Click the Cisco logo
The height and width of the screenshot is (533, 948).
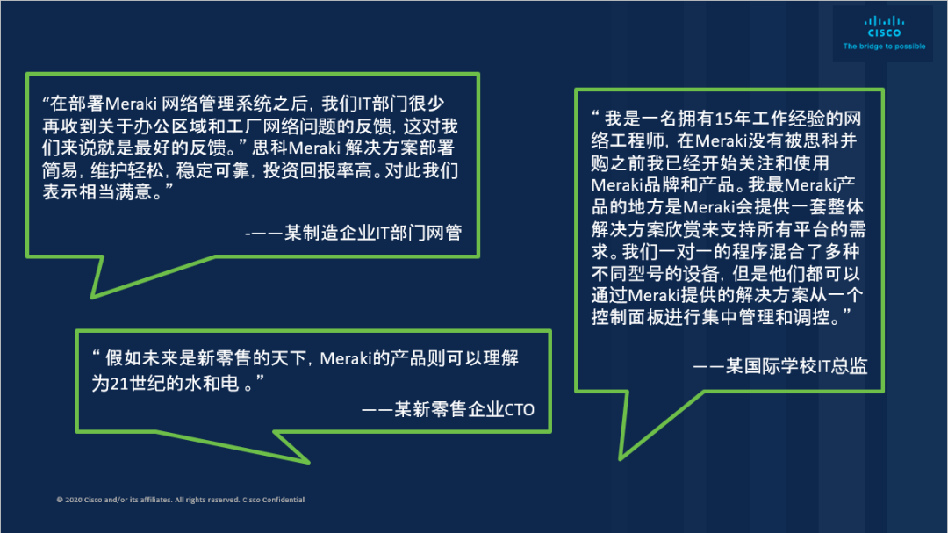pos(884,27)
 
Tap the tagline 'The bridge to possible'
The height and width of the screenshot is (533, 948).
pos(884,46)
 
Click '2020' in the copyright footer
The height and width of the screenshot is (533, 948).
pos(73,500)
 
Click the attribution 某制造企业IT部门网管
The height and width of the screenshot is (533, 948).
pos(373,233)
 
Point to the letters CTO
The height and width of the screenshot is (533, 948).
pos(520,410)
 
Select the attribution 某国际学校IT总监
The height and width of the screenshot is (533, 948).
pos(796,366)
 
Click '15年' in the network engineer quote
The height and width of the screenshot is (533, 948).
pos(731,119)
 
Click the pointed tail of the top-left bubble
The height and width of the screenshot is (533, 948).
pos(92,297)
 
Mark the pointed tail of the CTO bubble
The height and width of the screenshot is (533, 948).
pos(308,462)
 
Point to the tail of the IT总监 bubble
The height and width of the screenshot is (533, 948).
pos(621,458)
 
